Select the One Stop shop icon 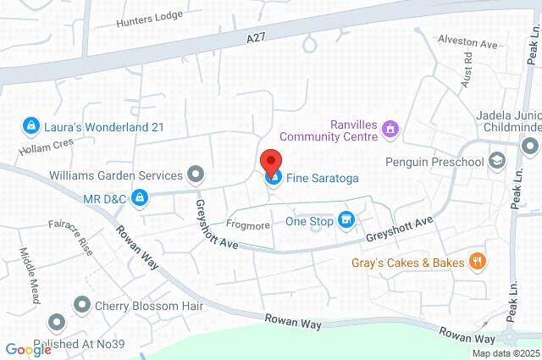coord(346,220)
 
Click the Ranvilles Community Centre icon coord(391,130)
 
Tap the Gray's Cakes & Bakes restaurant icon coord(478,262)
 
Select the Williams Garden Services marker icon coord(196,175)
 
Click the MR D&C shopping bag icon coord(140,199)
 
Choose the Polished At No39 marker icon coord(57,323)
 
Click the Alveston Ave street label coord(467,40)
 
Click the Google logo coord(28,349)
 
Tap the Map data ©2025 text coord(505,353)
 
